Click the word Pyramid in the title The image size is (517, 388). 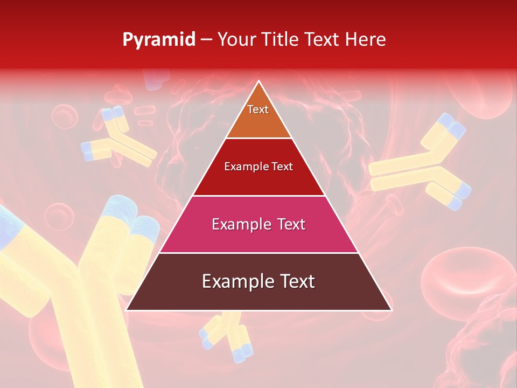click(x=159, y=40)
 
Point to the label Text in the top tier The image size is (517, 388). click(x=258, y=109)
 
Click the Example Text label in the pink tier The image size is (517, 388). click(x=258, y=224)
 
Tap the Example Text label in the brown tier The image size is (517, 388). click(x=258, y=281)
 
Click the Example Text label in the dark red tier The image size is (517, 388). click(x=258, y=167)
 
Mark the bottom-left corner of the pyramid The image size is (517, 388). click(x=127, y=310)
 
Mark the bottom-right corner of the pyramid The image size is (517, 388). click(x=392, y=310)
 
